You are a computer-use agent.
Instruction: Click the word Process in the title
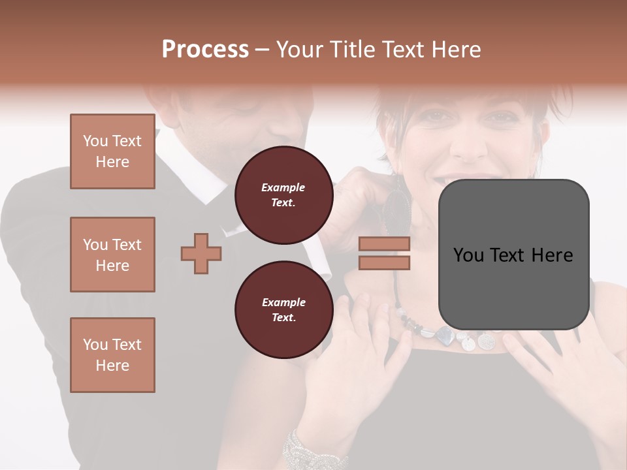(x=205, y=50)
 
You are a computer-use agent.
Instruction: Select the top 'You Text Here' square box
(x=112, y=151)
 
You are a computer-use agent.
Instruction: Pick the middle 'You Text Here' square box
(x=112, y=255)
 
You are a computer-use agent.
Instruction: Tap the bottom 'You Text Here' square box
(x=112, y=354)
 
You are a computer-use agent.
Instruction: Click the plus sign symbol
(x=201, y=253)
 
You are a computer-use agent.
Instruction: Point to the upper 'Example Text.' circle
(x=283, y=195)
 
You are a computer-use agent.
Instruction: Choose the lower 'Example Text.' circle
(x=283, y=309)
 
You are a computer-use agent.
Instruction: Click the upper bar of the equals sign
(x=385, y=244)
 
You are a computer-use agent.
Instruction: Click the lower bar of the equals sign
(x=385, y=262)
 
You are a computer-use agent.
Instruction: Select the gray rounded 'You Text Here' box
(x=513, y=254)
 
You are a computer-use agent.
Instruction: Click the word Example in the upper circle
(x=283, y=187)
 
